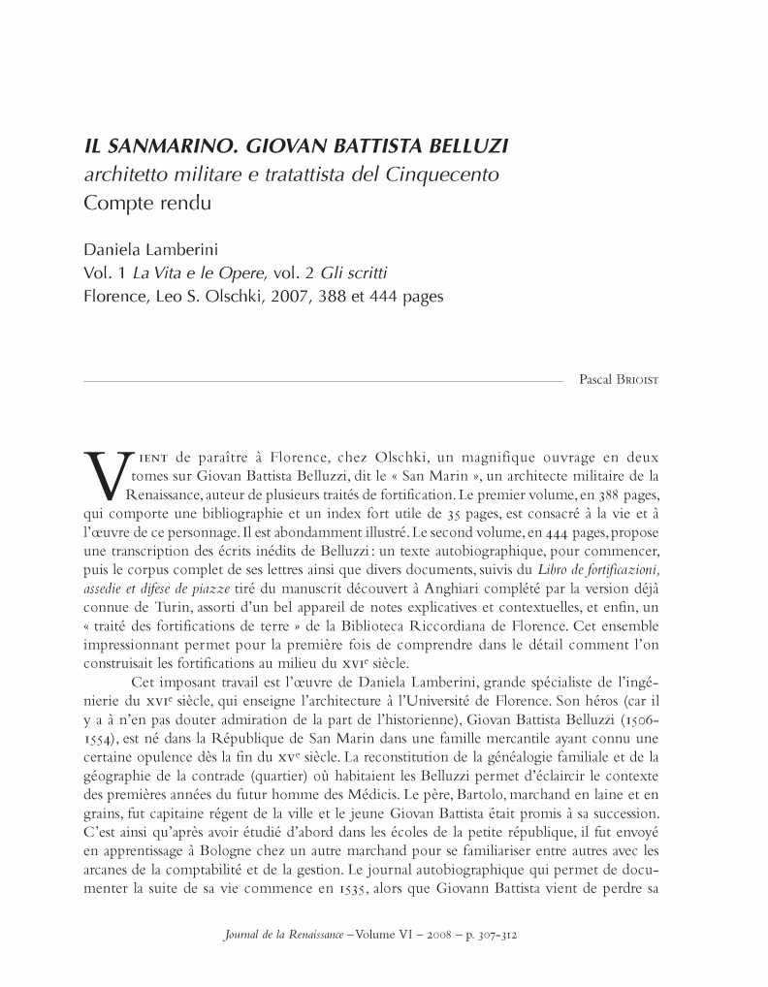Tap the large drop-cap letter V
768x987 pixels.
[105, 474]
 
